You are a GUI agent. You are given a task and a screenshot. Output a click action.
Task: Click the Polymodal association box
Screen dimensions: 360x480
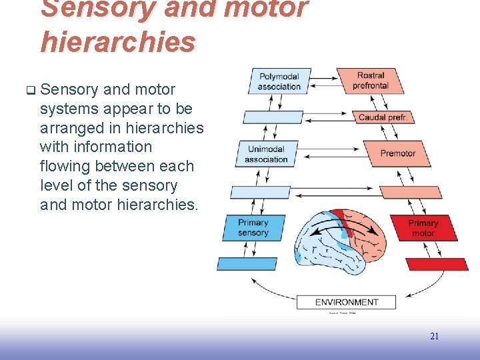coord(279,81)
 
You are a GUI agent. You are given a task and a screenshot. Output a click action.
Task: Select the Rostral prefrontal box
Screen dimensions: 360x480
coord(371,81)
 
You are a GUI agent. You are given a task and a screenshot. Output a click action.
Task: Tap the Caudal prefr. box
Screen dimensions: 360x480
coord(383,117)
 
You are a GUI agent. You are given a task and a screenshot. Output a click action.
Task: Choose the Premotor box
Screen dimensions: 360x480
coord(397,154)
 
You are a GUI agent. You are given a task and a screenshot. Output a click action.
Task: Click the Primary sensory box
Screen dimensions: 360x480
coord(253,227)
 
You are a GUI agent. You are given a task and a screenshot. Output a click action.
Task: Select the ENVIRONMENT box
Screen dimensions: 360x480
coord(346,302)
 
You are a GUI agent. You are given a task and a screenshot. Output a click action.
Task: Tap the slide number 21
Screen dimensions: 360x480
coord(434,337)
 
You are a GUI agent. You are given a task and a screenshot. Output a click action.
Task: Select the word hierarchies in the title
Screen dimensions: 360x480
coord(117,41)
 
